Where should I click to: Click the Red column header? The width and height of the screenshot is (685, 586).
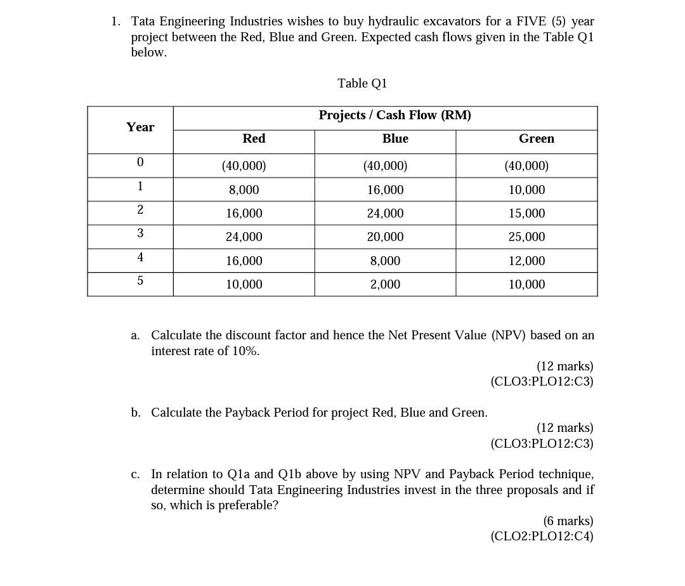[254, 139]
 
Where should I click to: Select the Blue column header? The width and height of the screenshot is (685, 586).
[395, 139]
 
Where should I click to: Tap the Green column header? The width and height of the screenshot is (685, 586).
[536, 139]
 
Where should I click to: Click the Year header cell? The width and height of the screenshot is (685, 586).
[140, 127]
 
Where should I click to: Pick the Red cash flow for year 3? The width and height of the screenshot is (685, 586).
[244, 237]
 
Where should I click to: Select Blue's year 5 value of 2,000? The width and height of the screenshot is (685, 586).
[385, 285]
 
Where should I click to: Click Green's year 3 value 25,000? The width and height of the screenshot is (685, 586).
[526, 237]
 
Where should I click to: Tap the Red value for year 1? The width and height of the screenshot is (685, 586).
[244, 190]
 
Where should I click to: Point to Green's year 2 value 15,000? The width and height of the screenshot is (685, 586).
[526, 214]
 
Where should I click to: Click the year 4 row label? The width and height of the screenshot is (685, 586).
[140, 257]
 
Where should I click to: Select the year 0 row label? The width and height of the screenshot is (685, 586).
[140, 162]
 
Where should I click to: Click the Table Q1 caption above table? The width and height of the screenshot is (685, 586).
[362, 84]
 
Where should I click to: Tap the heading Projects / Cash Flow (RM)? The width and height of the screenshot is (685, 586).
[395, 115]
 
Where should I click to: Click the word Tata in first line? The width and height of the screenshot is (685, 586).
[144, 22]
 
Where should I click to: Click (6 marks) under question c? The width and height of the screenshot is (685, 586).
[568, 521]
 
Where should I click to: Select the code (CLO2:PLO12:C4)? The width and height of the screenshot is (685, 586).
[542, 537]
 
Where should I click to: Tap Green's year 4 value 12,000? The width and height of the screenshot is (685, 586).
[526, 261]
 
